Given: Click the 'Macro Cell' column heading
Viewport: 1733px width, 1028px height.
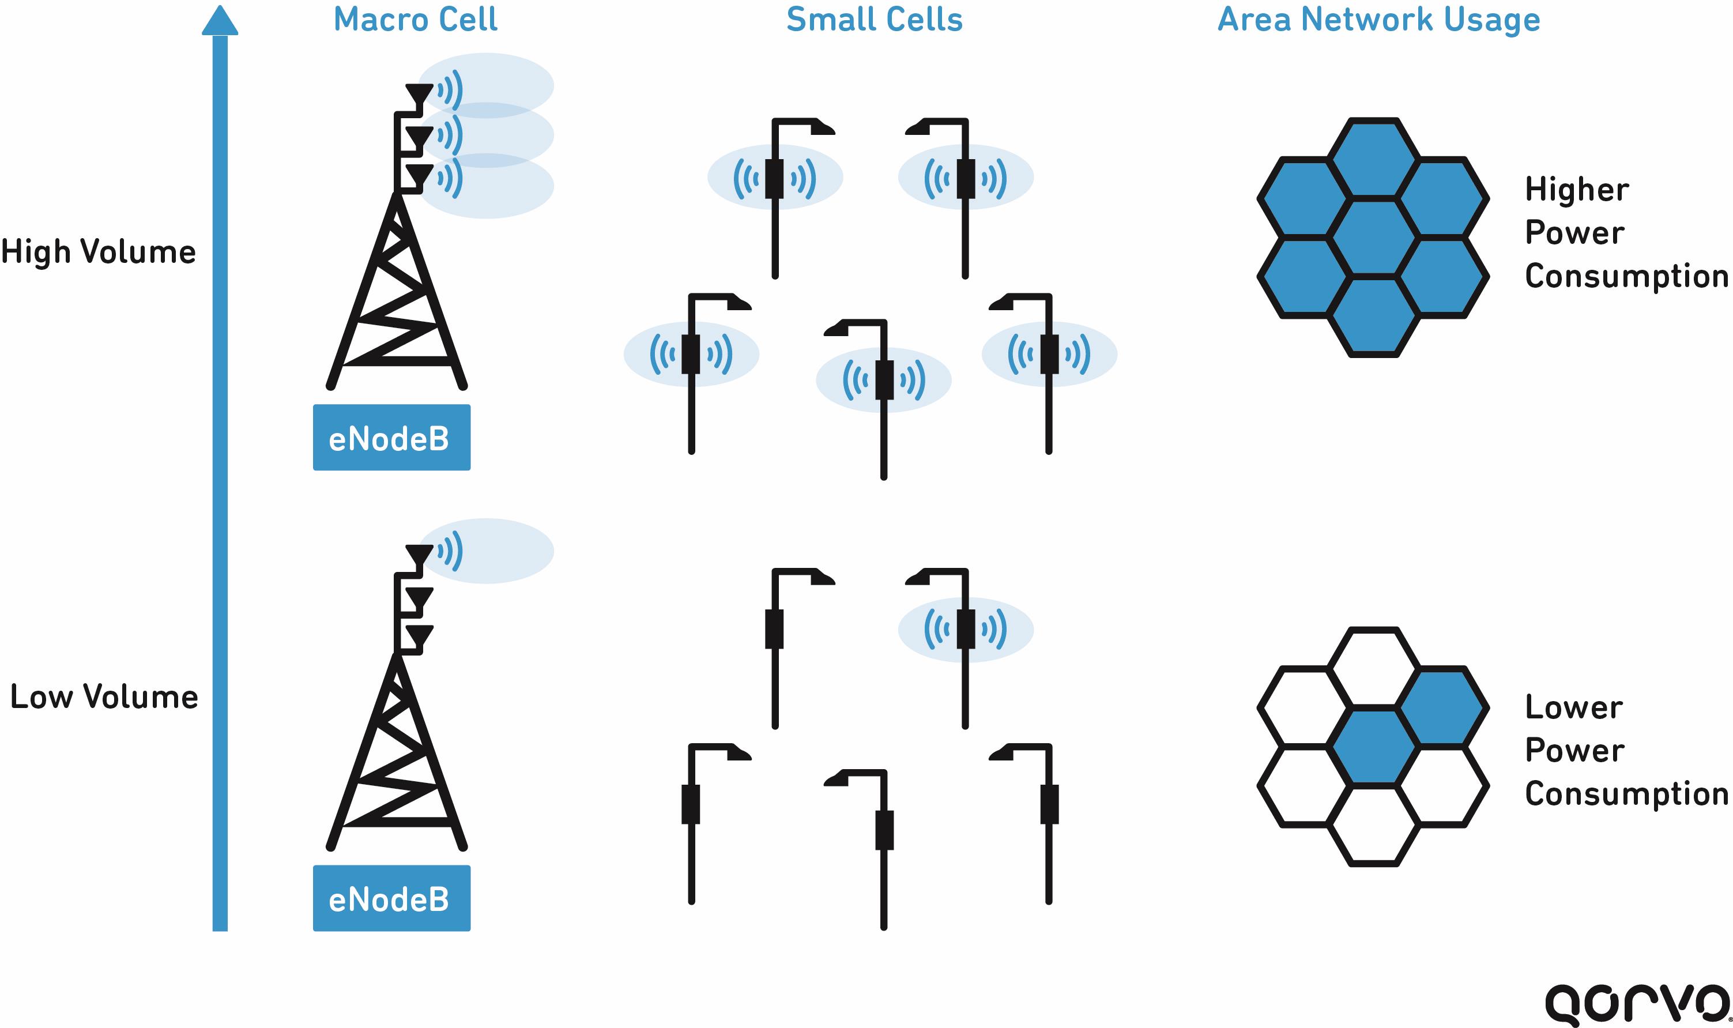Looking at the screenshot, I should click(x=415, y=20).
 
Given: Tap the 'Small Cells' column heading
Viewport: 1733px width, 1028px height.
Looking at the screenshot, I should click(x=874, y=20).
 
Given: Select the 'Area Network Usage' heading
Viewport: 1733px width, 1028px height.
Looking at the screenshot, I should click(x=1378, y=20).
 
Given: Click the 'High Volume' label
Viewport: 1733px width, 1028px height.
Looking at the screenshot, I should click(x=99, y=251).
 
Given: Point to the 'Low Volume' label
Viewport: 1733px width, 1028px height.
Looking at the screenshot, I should click(x=104, y=697).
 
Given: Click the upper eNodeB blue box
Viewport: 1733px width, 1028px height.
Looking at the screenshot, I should click(x=391, y=438).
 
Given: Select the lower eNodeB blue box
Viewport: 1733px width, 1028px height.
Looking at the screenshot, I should click(x=391, y=898).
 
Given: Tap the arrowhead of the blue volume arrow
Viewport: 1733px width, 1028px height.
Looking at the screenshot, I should click(x=220, y=21).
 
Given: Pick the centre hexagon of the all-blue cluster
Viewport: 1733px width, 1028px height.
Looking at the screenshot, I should click(x=1373, y=237).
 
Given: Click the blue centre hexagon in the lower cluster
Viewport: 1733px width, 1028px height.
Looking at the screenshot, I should click(x=1373, y=747).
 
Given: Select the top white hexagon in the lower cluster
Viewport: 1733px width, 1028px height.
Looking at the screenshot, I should click(x=1373, y=667).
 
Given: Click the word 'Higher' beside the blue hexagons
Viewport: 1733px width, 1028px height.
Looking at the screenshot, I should click(x=1576, y=190).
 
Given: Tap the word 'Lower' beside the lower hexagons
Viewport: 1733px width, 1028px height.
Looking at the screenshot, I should click(x=1574, y=707).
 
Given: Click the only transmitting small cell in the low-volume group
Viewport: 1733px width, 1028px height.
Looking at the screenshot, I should click(x=966, y=629).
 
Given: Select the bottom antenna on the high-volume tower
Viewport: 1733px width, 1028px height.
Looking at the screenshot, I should click(x=419, y=175).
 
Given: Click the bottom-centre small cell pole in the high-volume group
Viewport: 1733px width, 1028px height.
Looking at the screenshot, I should click(x=884, y=379).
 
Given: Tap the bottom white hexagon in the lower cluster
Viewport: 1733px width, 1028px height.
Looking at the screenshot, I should click(x=1373, y=825).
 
